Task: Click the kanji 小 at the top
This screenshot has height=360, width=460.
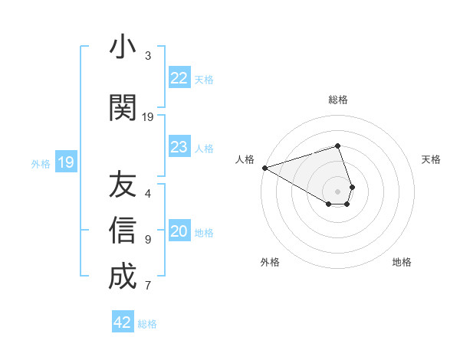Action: click(x=123, y=47)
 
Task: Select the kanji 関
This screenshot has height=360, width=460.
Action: click(x=123, y=108)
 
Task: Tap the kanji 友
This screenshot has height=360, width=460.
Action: click(x=123, y=185)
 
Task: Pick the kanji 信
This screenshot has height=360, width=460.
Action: click(x=123, y=231)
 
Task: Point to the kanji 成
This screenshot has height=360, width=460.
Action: click(x=123, y=276)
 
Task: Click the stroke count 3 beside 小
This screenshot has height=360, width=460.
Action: click(x=148, y=56)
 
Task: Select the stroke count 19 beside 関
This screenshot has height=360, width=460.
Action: click(x=148, y=117)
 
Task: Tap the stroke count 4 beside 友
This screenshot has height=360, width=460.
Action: click(x=148, y=194)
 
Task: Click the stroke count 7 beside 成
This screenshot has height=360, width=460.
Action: click(x=148, y=286)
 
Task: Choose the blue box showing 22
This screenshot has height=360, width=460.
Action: click(x=179, y=78)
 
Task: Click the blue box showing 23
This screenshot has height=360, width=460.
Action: click(x=179, y=147)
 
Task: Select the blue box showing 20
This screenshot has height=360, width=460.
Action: click(x=179, y=232)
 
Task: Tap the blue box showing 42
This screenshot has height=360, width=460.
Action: click(x=123, y=322)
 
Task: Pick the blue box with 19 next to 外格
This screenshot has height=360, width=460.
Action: click(x=65, y=162)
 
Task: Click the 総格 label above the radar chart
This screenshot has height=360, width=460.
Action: click(x=338, y=100)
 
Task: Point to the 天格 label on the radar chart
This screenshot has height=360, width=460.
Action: click(x=431, y=159)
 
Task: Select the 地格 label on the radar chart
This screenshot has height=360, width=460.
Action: click(x=402, y=262)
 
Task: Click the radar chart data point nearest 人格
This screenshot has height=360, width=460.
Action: click(x=264, y=168)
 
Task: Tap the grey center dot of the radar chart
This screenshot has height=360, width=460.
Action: click(x=338, y=191)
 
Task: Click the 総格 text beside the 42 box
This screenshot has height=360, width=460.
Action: click(x=147, y=324)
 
